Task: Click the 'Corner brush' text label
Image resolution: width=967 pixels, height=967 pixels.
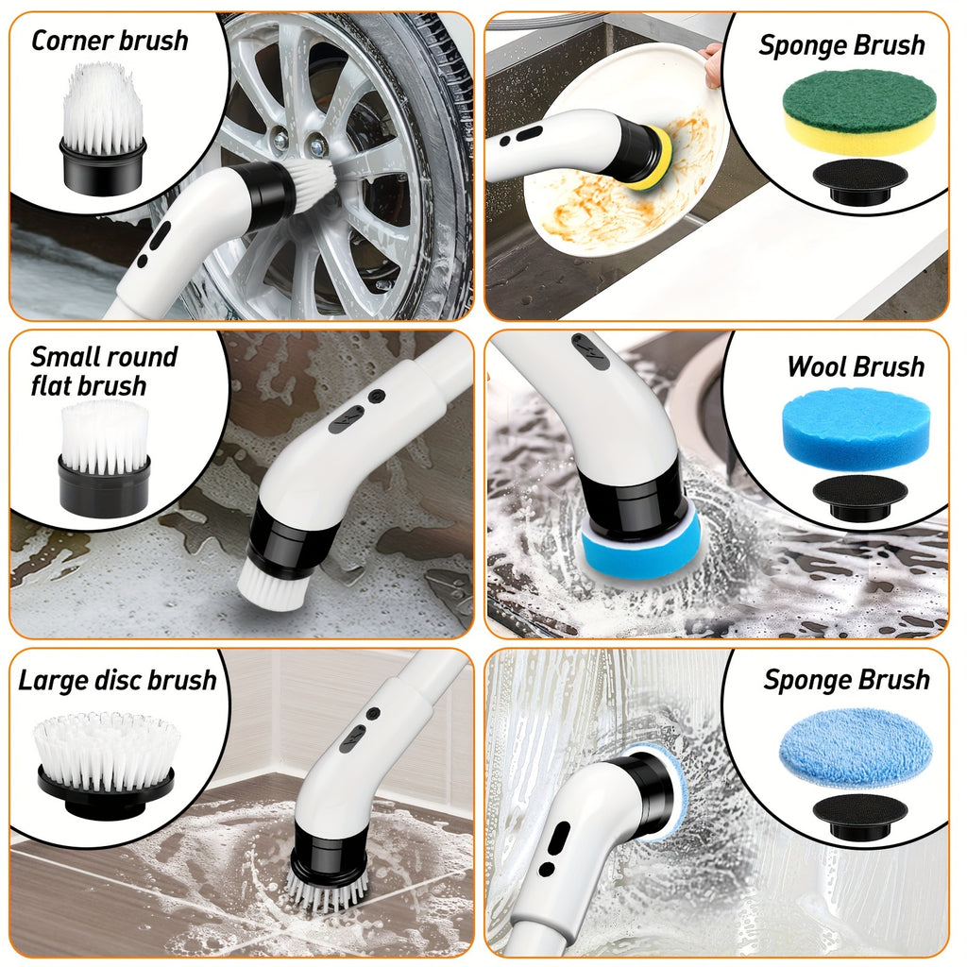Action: pos(110,41)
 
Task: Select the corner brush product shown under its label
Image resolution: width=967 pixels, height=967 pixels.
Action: pos(104,127)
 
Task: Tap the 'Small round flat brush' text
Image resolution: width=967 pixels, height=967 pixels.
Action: pos(103,371)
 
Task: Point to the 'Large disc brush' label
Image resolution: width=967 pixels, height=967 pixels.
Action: pos(117,680)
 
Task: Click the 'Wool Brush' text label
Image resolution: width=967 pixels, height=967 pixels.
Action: pos(856,366)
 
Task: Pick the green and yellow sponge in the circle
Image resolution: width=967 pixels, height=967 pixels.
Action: pos(859,110)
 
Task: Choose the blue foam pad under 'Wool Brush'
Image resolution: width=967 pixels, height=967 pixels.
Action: pos(857,428)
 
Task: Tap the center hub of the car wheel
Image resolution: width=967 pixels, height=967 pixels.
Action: pos(301,141)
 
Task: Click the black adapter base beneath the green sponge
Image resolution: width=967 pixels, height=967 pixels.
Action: pos(859,179)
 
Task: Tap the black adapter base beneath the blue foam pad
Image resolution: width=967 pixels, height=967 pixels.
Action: pos(859,495)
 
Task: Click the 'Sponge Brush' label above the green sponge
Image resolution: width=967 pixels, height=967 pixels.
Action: pos(842,45)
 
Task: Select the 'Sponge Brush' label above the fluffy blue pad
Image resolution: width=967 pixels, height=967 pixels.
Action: pos(846,680)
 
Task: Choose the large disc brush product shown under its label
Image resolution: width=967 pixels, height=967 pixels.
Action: pos(106,761)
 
